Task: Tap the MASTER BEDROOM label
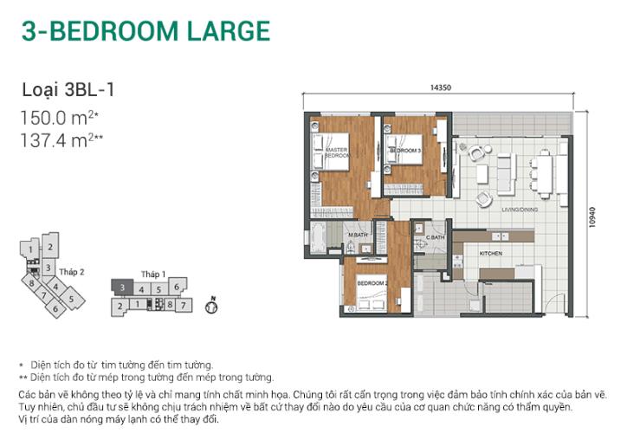(336, 152)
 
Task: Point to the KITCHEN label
(492, 252)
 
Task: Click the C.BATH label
(434, 236)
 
